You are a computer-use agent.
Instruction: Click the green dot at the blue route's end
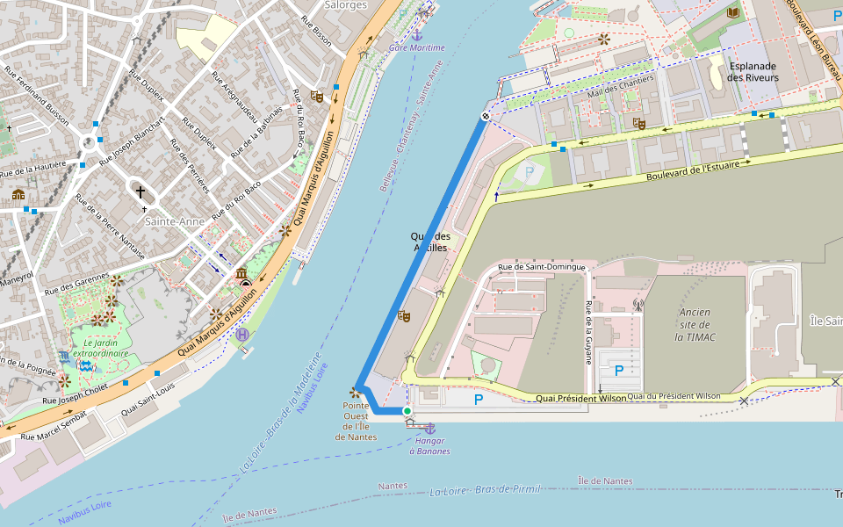(x=407, y=411)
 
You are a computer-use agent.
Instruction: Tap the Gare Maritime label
(x=417, y=47)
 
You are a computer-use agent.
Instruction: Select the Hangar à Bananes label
(x=429, y=445)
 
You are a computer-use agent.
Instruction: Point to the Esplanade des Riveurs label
(x=753, y=72)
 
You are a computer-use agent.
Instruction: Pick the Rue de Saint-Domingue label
(x=542, y=267)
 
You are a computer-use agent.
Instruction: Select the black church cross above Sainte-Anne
(x=140, y=191)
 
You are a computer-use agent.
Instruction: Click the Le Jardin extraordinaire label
(x=100, y=348)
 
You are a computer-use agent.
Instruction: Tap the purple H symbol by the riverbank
(x=242, y=334)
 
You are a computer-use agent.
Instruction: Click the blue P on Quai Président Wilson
(x=479, y=400)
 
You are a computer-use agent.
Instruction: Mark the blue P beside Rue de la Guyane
(x=619, y=371)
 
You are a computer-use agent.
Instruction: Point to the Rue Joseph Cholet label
(x=76, y=394)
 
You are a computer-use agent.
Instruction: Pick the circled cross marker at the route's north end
(x=485, y=116)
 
